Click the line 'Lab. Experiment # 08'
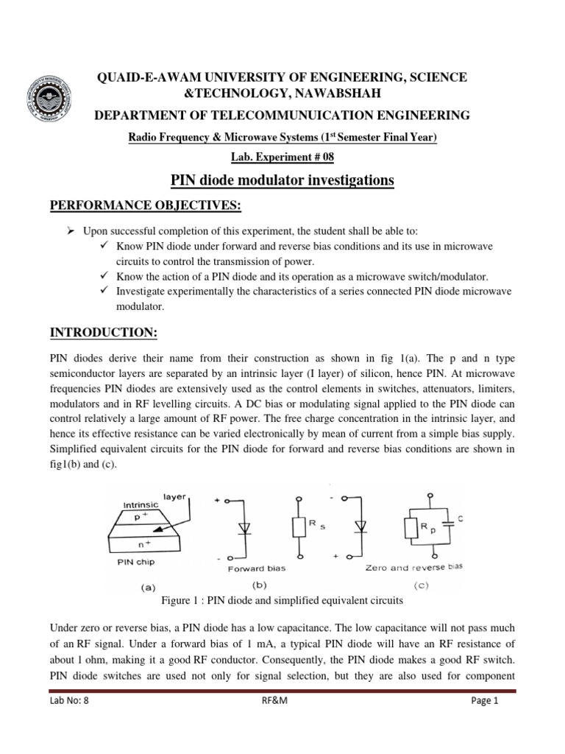tap(282, 158)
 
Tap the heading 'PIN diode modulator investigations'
tap(282, 180)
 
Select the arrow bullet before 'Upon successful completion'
tap(71, 230)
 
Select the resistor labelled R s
tap(299, 527)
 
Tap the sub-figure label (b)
tap(259, 587)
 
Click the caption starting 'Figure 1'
tap(282, 601)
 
